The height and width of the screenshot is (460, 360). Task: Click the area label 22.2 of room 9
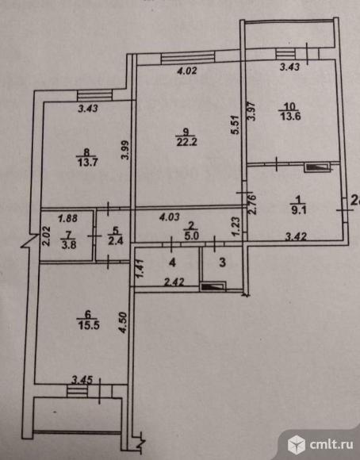point(186,142)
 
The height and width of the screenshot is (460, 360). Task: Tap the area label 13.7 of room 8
point(87,163)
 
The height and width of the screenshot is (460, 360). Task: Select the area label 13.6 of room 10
point(290,116)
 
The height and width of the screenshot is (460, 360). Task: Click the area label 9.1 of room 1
point(299,210)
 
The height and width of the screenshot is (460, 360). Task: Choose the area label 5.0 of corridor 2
point(192,236)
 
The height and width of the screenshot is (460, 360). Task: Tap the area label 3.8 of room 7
point(69,244)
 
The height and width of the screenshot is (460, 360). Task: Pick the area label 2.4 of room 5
point(115,241)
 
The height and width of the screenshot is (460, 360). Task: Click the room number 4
point(173,263)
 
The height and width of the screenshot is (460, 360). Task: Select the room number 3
point(222,263)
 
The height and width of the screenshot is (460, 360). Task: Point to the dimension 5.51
point(236,125)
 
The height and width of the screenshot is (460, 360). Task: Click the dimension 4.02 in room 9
point(187,71)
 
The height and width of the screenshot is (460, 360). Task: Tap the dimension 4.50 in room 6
point(123,323)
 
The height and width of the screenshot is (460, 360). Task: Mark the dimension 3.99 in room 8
point(125,150)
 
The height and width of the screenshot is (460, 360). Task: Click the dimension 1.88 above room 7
point(67,218)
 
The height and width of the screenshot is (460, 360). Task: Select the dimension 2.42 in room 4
point(174,282)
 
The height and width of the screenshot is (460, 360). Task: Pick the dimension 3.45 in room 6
point(82,380)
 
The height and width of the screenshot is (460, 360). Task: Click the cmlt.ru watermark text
point(331,445)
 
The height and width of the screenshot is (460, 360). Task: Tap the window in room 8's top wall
point(94,95)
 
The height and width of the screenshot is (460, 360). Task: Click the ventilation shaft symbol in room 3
point(213,286)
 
